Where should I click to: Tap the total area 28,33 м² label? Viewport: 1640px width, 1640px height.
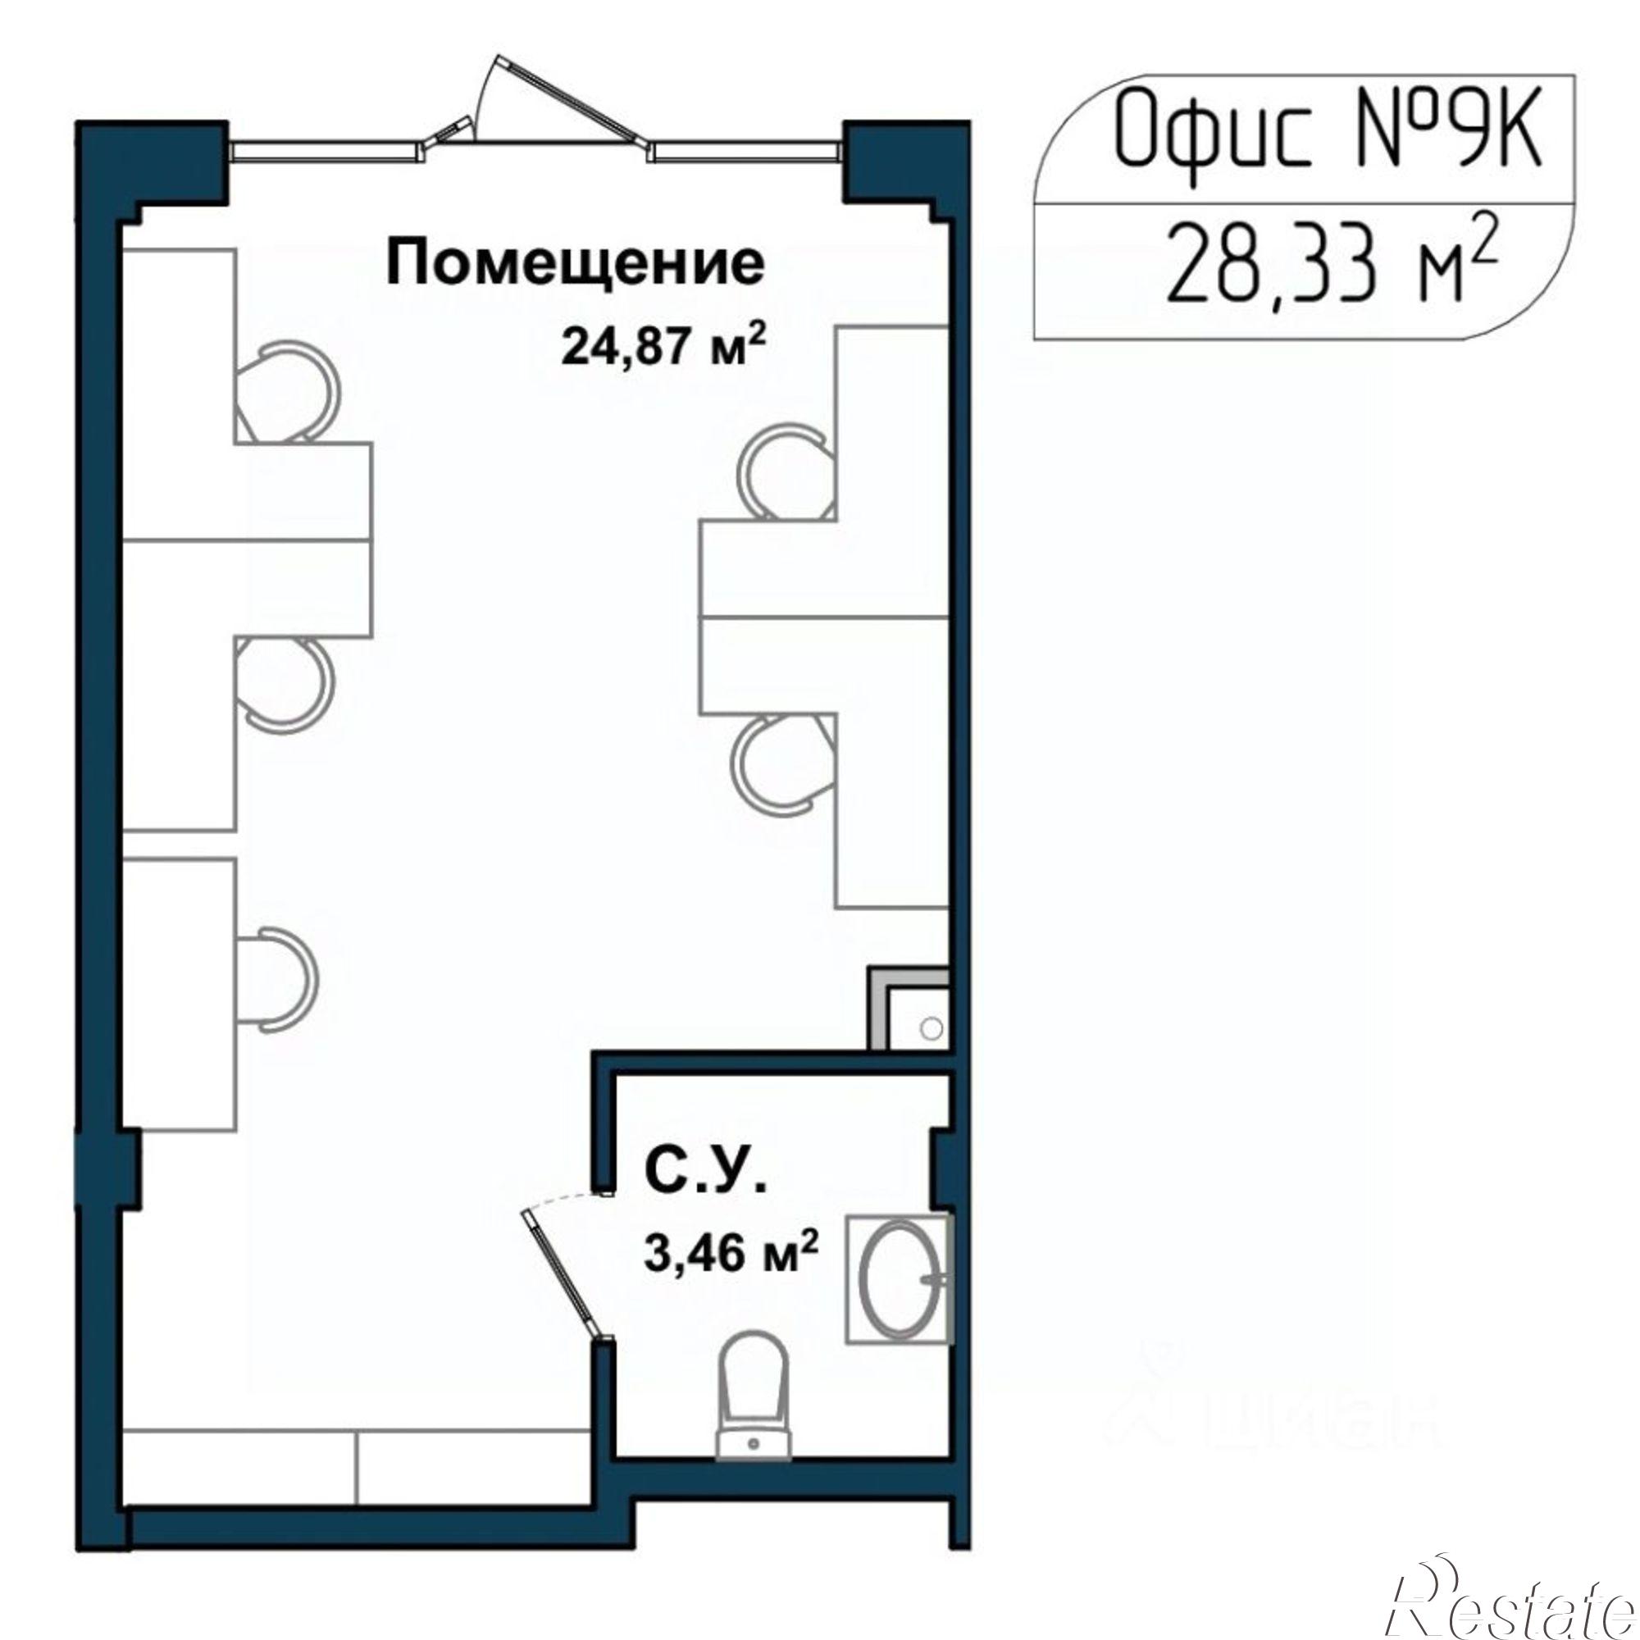1328,266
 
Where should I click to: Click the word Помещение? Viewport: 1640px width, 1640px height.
575,264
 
